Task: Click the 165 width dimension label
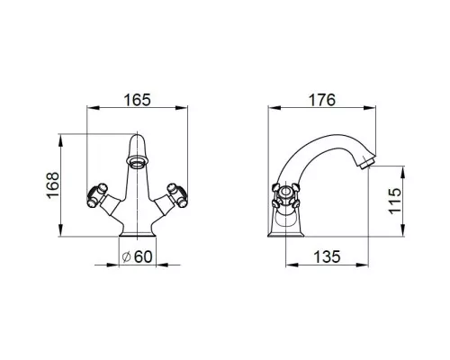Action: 137,100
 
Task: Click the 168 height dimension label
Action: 53,184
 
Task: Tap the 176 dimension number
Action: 322,100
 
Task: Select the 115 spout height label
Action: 395,201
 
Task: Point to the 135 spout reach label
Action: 327,256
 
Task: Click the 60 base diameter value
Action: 143,256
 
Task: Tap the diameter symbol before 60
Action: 127,257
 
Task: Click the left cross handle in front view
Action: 97,195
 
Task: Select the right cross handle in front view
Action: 177,195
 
